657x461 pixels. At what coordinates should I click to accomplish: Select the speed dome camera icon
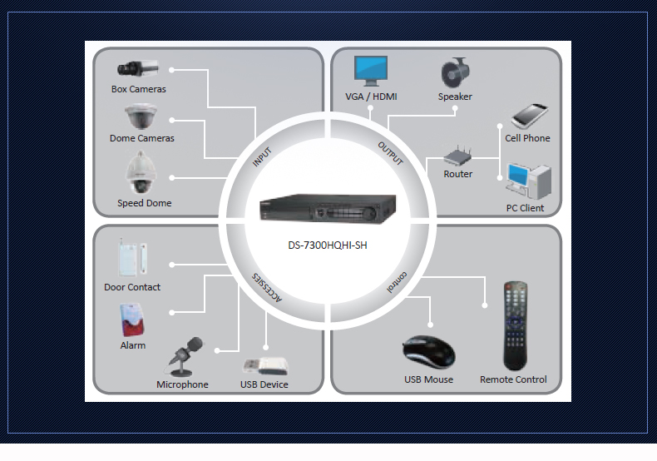click(140, 174)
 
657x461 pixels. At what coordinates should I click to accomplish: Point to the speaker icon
click(456, 72)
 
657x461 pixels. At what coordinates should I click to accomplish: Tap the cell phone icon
click(528, 116)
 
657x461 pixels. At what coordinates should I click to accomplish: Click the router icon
click(457, 156)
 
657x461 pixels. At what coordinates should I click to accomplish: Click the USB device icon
click(265, 365)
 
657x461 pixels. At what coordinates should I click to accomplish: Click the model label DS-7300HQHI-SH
click(328, 245)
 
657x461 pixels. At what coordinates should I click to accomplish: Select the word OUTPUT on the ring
click(391, 153)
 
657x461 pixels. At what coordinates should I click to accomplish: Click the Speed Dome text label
click(144, 203)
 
